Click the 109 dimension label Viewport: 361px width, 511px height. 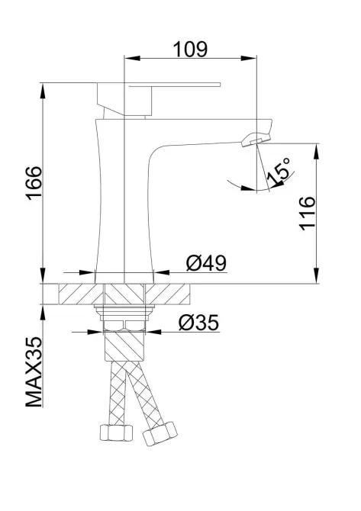190,50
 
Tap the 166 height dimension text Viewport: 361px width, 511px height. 34,183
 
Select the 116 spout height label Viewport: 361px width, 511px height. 307,214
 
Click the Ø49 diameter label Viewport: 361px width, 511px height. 206,263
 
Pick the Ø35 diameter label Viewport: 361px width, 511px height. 198,323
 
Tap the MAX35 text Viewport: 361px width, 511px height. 34,372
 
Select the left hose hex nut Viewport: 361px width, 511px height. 116,432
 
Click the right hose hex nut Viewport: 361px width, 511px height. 160,434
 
